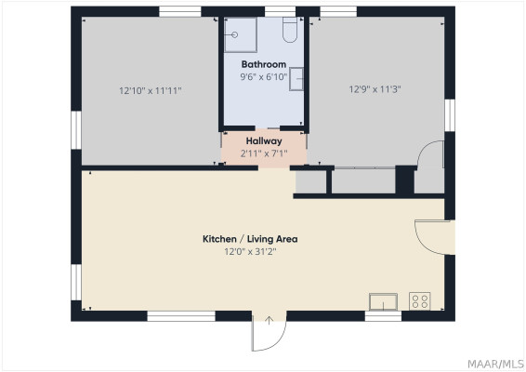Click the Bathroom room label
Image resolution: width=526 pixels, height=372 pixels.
coord(264,64)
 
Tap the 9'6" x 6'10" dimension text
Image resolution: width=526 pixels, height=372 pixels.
coord(264,77)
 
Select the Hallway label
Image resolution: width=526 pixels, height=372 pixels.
coord(264,141)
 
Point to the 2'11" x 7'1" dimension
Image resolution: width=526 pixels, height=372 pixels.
coord(264,153)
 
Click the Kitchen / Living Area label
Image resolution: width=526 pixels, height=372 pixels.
coord(250,239)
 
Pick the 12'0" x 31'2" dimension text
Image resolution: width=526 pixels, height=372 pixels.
coord(250,251)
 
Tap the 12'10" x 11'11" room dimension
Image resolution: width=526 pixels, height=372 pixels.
coord(151,90)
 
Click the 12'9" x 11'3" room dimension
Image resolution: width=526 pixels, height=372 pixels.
coord(375,89)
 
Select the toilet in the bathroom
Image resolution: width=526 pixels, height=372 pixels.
coord(290,30)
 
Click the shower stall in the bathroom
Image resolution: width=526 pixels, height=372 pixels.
coord(241,35)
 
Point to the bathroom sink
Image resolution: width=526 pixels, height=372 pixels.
coord(296,79)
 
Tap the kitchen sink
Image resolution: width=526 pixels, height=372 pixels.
coord(383,302)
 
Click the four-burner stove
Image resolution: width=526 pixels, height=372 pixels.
coord(420,300)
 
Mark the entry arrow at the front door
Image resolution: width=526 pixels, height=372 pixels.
coord(269,320)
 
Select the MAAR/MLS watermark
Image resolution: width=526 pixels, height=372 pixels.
coord(495,364)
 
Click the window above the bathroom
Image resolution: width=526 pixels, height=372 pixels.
coord(280,11)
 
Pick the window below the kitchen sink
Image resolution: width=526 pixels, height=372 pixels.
coord(383,316)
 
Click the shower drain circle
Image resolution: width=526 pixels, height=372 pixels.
coord(235,35)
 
